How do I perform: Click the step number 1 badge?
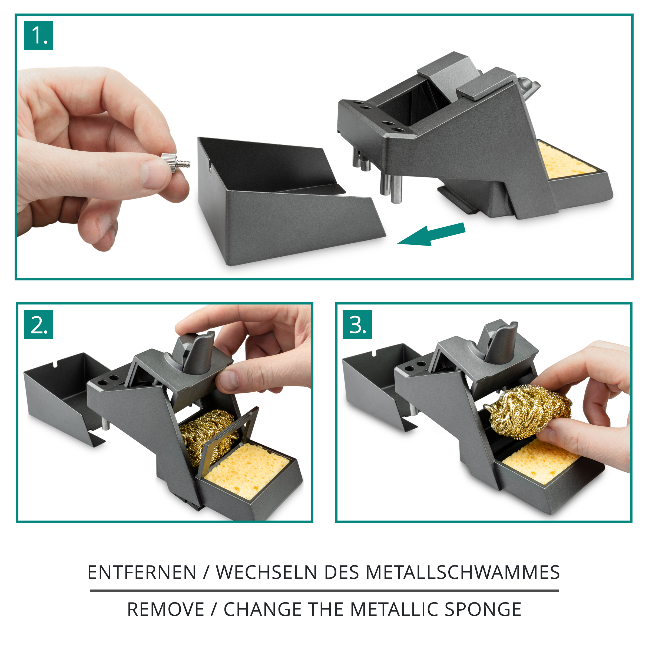tap(39, 35)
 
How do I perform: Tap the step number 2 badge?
tap(39, 325)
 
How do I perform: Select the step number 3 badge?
tap(357, 325)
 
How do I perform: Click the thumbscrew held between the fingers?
tap(175, 163)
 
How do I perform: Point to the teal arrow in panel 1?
tap(432, 234)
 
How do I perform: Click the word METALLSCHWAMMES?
tap(463, 572)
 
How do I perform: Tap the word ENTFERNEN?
tap(142, 572)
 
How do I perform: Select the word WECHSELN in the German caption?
tap(266, 572)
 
